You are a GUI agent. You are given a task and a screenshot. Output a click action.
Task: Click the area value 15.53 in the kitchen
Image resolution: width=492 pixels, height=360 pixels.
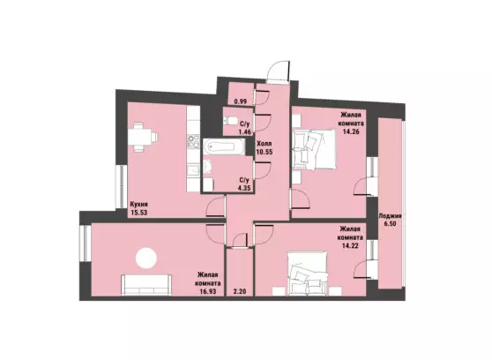pos(139,213)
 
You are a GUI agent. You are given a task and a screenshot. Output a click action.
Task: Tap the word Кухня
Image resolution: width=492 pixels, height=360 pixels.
pos(138,205)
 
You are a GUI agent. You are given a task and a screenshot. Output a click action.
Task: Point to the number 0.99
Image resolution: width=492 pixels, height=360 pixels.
pos(241,101)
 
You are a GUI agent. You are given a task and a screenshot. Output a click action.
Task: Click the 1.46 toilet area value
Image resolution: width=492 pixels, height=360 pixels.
pos(245,131)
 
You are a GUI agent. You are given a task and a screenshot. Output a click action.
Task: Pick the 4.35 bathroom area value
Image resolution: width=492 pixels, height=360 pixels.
pos(245,189)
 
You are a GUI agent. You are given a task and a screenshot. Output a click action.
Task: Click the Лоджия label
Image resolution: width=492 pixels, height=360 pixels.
pos(390,216)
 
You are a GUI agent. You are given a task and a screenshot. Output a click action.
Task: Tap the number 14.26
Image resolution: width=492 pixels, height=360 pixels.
pos(351,131)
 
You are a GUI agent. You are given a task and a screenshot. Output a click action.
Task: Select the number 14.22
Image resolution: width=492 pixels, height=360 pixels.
pos(350,245)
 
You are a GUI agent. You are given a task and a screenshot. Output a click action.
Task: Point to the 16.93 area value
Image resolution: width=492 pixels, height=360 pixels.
pos(207,291)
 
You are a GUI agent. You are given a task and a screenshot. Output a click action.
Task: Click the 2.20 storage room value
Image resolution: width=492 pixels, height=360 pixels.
pos(240,291)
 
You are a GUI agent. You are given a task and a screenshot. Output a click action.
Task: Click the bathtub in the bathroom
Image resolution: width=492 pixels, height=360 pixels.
pos(223,146)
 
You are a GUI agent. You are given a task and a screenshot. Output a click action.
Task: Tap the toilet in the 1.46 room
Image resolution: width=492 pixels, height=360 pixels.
pos(230,121)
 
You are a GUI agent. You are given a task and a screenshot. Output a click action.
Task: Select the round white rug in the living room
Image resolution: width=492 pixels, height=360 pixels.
pos(145,259)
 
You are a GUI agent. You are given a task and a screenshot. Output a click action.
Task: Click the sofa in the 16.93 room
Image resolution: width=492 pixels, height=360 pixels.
pos(146,285)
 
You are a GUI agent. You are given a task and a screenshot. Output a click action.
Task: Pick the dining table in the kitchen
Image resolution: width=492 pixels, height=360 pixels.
pos(141,138)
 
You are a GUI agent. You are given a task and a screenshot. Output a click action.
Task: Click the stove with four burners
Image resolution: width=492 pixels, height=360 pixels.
pos(193,142)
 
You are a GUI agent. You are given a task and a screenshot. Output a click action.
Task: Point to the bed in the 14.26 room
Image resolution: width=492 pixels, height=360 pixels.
pos(314,150)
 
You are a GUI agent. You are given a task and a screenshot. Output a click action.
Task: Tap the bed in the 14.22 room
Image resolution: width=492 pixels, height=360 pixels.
pos(308,274)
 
